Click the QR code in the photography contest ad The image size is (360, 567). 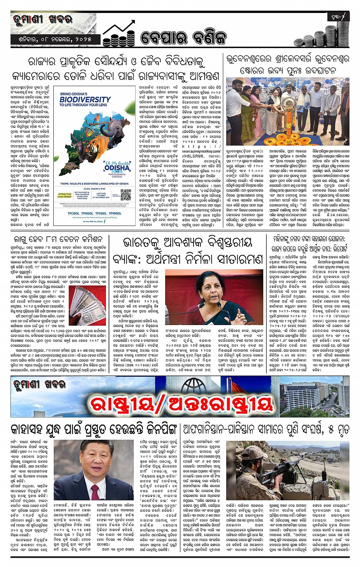[126, 195]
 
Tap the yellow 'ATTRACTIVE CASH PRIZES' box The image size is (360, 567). [65, 195]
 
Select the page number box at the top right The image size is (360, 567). [338, 17]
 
